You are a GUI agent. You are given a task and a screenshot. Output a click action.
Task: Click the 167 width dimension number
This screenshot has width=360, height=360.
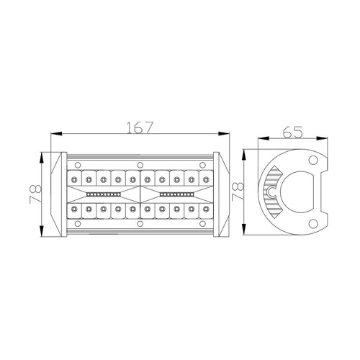[139, 127]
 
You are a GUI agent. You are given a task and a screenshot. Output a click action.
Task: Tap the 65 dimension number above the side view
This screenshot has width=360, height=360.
[292, 132]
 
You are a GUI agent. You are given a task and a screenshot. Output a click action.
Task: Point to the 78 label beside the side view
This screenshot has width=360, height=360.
[237, 192]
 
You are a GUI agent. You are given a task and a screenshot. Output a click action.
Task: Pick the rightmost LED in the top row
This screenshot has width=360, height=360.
[206, 179]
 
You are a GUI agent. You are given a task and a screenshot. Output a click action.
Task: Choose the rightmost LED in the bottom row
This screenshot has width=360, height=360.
[206, 209]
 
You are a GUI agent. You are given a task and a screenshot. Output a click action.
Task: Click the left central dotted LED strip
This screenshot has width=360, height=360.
[103, 194]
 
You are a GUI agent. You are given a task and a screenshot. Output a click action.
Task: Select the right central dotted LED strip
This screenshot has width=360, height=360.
[176, 194]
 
